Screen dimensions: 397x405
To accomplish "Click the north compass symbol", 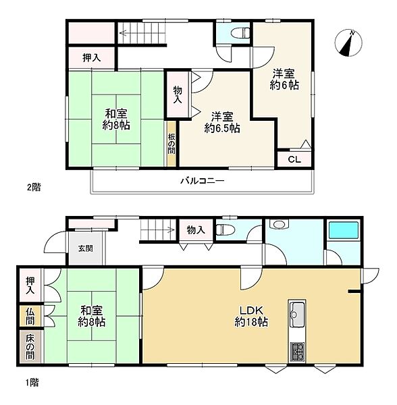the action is tap(348, 43).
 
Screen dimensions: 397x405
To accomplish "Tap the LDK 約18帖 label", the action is tap(251, 316).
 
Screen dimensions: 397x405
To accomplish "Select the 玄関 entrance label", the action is tap(86, 248).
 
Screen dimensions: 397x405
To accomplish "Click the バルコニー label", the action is tap(203, 180).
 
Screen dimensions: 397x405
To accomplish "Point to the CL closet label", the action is tap(294, 159).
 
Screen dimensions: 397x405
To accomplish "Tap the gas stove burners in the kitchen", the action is tap(297, 352).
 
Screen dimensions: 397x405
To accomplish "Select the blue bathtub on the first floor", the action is tap(343, 230).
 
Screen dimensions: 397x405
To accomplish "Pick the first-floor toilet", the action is tap(225, 230).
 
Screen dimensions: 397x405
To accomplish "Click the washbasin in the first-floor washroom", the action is tap(278, 223).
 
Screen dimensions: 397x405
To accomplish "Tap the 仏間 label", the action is tap(30, 317).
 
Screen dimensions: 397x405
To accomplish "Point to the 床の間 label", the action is tap(30, 348).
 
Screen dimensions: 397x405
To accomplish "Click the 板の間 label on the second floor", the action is tap(171, 144).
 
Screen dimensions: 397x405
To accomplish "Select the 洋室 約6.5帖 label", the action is tap(222, 122).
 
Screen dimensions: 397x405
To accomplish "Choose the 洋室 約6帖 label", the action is tap(284, 80).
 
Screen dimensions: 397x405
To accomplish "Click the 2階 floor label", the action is tap(34, 187).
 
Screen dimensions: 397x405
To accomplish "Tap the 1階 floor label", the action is tap(32, 382).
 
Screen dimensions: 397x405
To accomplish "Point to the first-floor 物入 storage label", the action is tap(196, 230).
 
